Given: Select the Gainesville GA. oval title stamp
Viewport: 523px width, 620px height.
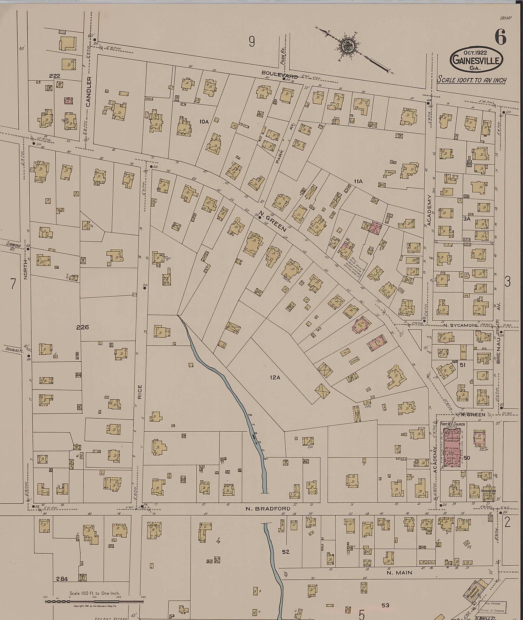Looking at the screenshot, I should [477, 60].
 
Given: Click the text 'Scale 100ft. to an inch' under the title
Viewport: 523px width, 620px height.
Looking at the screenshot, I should [472, 80].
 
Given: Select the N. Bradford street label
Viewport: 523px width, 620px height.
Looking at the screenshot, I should [268, 508].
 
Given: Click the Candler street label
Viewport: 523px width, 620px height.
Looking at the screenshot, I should [89, 92].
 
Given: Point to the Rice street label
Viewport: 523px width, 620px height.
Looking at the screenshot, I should [140, 392].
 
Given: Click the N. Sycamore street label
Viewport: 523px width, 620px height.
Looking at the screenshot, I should [460, 325].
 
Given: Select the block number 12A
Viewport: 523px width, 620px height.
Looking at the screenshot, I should [275, 378].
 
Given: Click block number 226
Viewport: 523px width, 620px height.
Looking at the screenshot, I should [82, 327].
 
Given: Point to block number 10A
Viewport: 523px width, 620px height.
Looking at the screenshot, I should [204, 121].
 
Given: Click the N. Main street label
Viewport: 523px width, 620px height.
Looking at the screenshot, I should [399, 548].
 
